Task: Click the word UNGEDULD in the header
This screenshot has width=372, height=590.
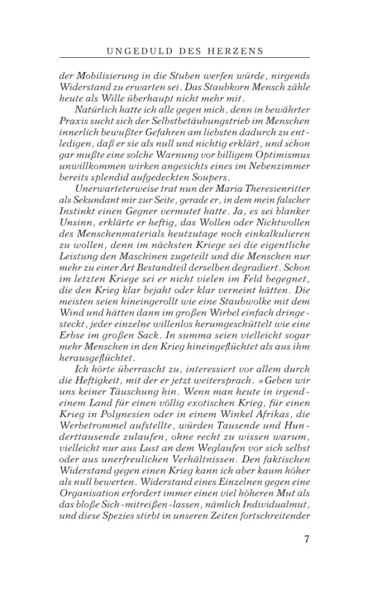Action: click(x=139, y=51)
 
